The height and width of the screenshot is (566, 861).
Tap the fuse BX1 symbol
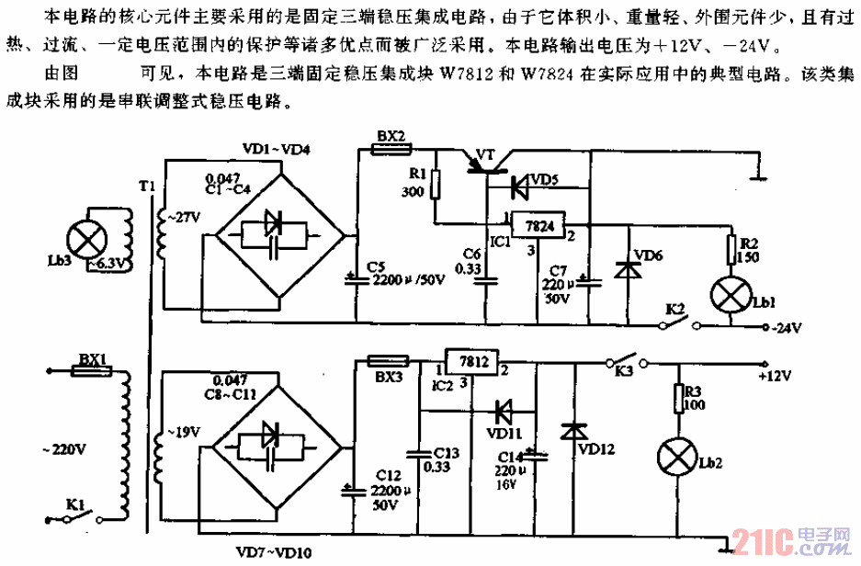click(x=92, y=371)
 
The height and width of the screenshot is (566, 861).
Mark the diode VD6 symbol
click(x=629, y=269)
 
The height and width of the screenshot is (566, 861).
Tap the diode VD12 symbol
click(x=576, y=429)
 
